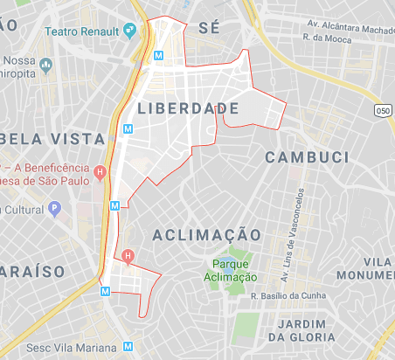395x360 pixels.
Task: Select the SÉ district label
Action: pyautogui.click(x=209, y=28)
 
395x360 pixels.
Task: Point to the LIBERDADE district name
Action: pyautogui.click(x=188, y=107)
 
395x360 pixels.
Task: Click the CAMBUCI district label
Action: pyautogui.click(x=301, y=156)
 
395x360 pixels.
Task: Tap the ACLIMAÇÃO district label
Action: pyautogui.click(x=206, y=235)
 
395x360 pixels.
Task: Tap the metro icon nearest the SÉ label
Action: pyautogui.click(x=158, y=55)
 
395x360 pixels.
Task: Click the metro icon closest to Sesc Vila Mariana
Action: pyautogui.click(x=106, y=291)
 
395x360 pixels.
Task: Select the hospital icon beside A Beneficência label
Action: pyautogui.click(x=100, y=170)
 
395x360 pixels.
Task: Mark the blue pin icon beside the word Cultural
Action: pyautogui.click(x=54, y=210)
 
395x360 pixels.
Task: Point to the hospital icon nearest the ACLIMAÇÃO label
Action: pyautogui.click(x=128, y=256)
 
